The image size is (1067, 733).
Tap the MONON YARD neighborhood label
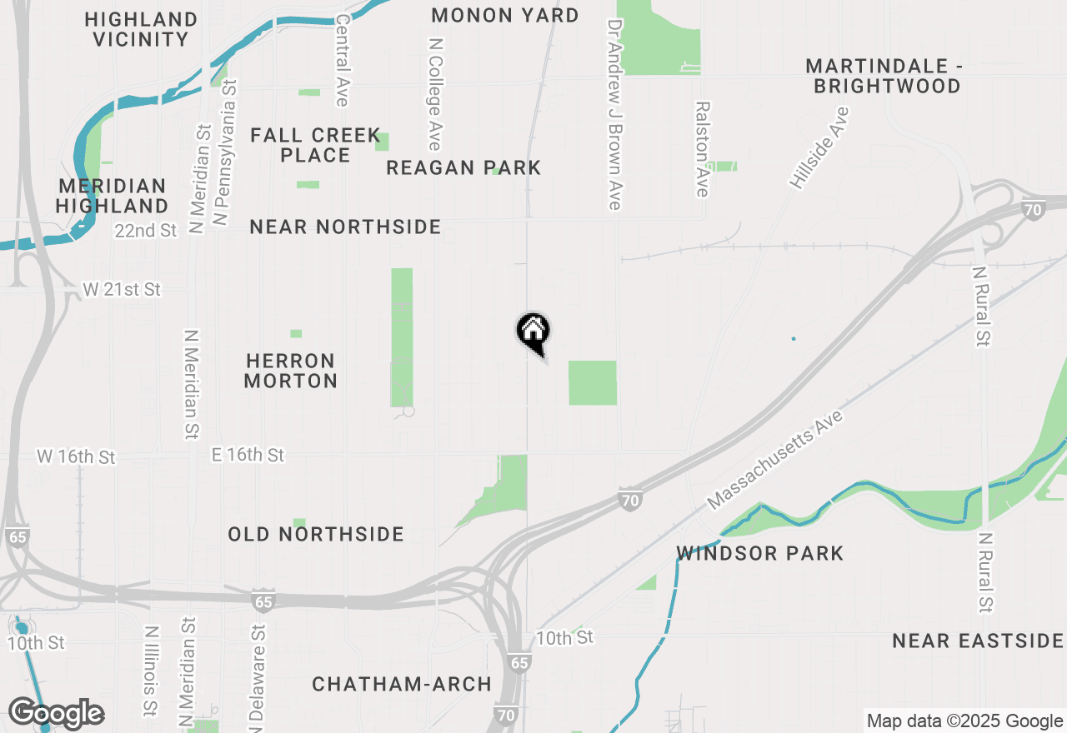505,15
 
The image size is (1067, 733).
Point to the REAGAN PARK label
463,167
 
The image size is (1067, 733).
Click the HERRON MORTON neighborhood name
291,371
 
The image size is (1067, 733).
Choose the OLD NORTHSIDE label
316,534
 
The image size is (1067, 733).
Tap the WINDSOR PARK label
760,553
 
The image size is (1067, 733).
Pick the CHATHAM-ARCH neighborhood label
402,685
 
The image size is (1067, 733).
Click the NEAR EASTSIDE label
978,641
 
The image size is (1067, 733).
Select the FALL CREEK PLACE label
315,145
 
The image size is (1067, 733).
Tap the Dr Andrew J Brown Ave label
615,115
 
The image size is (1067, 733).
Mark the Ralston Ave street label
703,150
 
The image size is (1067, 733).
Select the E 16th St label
248,455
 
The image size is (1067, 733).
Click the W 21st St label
122,290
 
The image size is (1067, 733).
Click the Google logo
57,713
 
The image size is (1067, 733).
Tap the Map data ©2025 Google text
964,721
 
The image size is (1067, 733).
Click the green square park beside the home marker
593,382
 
